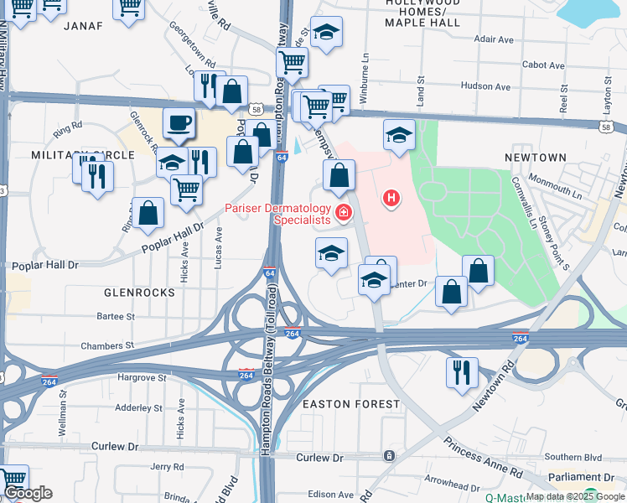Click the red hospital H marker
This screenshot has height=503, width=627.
tap(391, 199)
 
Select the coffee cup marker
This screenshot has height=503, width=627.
tap(179, 124)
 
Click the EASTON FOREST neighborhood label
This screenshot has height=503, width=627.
tap(351, 404)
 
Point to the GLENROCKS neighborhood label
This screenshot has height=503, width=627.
tap(139, 293)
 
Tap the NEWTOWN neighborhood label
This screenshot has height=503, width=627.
tap(536, 158)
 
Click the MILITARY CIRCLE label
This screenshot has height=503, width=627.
tap(82, 155)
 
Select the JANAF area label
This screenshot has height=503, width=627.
tap(82, 26)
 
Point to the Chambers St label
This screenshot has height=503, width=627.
tap(106, 345)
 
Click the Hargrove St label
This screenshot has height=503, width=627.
tap(138, 378)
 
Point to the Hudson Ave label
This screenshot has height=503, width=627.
tap(487, 86)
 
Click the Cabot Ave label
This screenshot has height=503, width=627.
tap(543, 65)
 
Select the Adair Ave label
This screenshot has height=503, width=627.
tap(494, 39)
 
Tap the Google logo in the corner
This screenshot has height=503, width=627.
tap(28, 493)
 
